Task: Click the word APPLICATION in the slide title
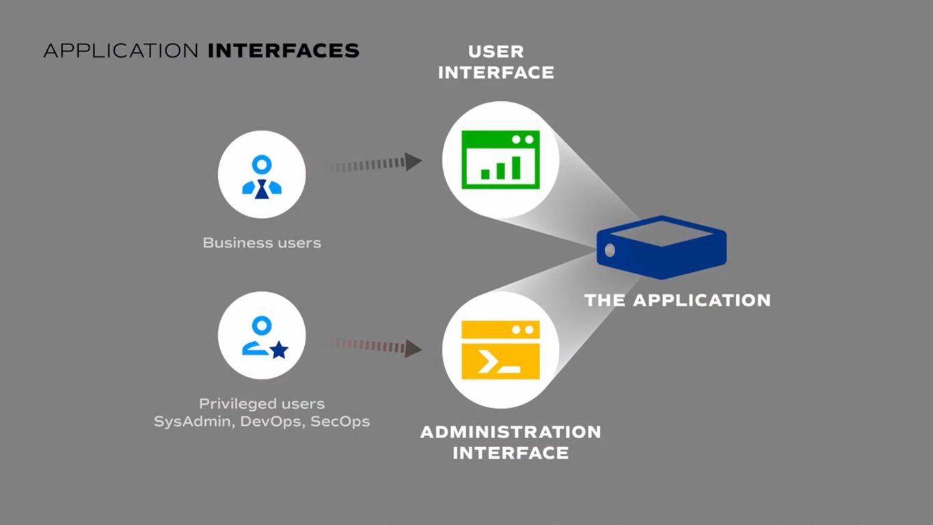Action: click(120, 51)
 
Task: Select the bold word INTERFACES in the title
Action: click(283, 51)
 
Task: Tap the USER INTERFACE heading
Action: click(496, 62)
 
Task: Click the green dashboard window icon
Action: click(500, 160)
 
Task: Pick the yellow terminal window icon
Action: click(500, 349)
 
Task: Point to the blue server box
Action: click(661, 247)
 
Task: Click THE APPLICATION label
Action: click(677, 300)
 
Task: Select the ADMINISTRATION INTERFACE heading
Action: click(511, 442)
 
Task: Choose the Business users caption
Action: click(262, 243)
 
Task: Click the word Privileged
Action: click(229, 404)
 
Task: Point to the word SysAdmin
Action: click(193, 421)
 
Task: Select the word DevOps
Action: click(271, 421)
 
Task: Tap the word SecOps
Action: click(340, 421)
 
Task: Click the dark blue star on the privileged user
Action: click(279, 350)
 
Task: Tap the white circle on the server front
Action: click(610, 251)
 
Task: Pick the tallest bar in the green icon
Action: click(517, 167)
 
